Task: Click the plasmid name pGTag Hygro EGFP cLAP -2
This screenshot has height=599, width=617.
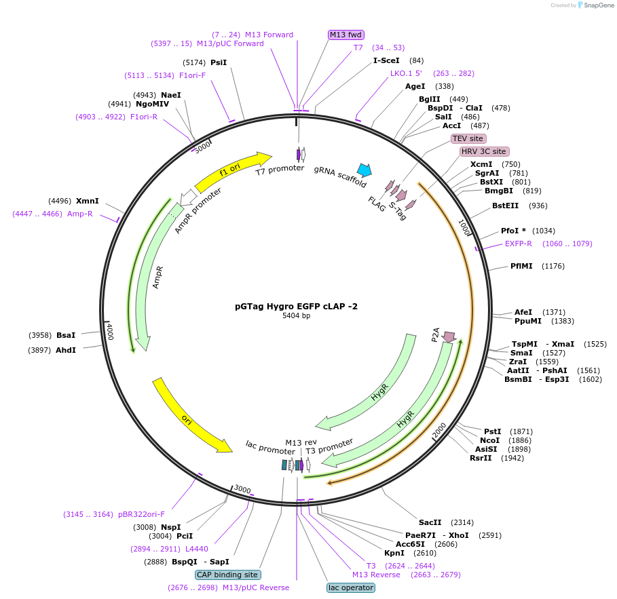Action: pos(296,306)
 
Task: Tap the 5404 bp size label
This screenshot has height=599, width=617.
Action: pos(296,315)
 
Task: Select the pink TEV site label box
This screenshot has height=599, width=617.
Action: pos(468,138)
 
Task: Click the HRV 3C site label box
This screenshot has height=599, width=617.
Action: pos(483,151)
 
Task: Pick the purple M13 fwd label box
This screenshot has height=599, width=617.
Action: pos(346,35)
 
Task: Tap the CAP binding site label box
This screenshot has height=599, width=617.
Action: pos(227,575)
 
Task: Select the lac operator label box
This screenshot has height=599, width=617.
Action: pos(350,587)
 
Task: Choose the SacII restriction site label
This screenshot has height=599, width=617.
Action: pos(430,522)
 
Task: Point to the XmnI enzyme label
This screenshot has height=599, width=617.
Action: pos(88,201)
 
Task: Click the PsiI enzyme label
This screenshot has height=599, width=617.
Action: pos(219,62)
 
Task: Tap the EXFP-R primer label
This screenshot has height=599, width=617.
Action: pos(518,244)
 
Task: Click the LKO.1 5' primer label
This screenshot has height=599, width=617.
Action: pos(406,73)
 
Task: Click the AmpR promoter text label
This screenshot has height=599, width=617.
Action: pos(198,211)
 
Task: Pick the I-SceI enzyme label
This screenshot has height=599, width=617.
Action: pos(386,60)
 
